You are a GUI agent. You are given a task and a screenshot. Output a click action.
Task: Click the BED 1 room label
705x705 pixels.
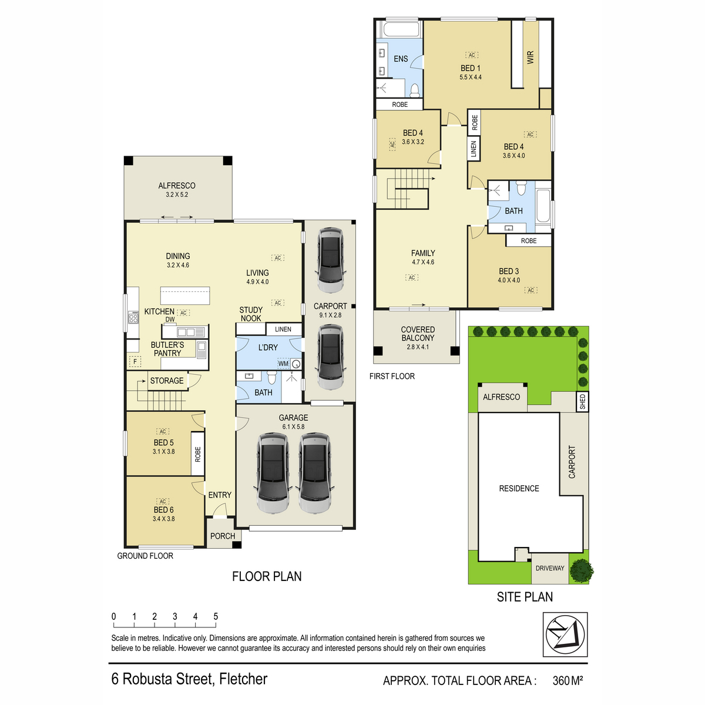tap(470, 68)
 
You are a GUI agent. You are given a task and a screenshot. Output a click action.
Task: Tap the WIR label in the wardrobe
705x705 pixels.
tap(530, 58)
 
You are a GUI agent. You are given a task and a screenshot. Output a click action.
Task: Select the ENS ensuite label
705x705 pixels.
tap(401, 59)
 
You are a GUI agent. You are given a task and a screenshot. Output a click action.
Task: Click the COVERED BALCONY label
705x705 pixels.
tap(418, 334)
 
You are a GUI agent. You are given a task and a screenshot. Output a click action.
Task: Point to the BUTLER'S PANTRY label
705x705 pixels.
tap(167, 349)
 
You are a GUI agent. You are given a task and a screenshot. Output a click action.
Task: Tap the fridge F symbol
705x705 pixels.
tap(135, 362)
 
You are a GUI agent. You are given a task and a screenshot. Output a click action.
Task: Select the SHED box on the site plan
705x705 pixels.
tap(582, 401)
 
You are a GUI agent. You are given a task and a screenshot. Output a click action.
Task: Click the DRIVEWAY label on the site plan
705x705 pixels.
tap(550, 568)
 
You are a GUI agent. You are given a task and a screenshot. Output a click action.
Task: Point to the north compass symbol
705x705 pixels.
tap(565, 634)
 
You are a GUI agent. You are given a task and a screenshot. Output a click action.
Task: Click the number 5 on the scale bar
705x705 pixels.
tap(216, 616)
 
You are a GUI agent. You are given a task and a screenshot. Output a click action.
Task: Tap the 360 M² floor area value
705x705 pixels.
tap(568, 680)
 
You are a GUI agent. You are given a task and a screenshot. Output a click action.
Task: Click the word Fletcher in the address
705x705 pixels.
tap(243, 679)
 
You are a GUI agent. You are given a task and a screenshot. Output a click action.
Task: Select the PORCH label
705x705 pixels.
tap(223, 536)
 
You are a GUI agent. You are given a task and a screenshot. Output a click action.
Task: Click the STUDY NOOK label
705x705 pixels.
tap(251, 314)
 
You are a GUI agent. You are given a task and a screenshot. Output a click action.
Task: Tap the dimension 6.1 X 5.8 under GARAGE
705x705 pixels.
tap(293, 427)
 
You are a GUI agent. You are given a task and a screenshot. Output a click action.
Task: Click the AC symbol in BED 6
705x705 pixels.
tap(163, 501)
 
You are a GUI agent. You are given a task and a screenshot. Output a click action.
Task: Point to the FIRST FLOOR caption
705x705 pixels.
tap(392, 377)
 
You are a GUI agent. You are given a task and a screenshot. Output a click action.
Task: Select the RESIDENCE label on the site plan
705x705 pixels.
tap(519, 488)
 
